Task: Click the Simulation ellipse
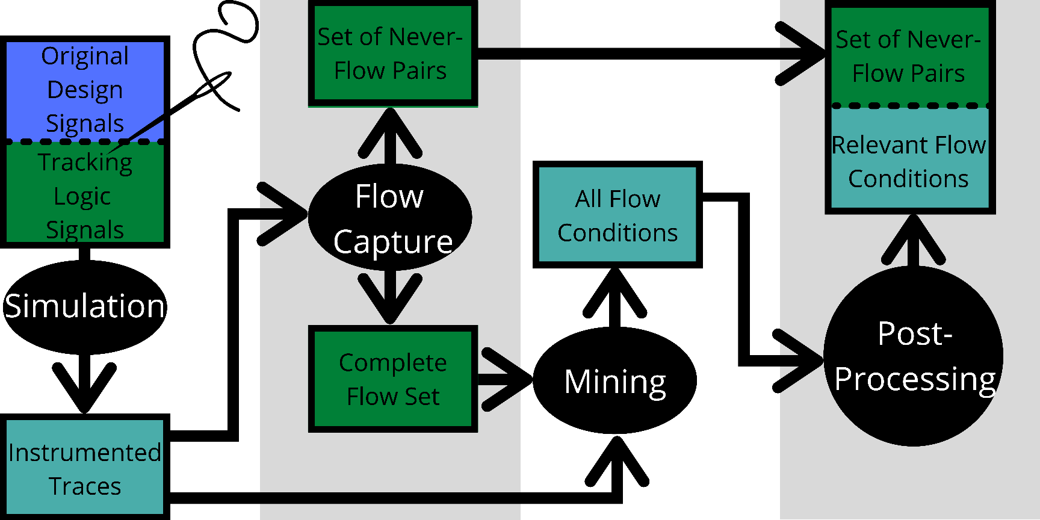84,307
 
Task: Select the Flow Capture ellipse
390,217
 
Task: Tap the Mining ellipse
614,380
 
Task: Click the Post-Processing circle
913,356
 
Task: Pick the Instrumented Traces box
85,467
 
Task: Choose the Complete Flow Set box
393,379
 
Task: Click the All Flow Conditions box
617,214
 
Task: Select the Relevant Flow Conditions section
909,159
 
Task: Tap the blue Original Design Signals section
85,89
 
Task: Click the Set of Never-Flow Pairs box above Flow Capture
393,54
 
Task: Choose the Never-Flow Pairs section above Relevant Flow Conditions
909,55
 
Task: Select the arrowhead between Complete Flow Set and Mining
507,379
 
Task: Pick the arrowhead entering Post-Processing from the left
798,361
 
